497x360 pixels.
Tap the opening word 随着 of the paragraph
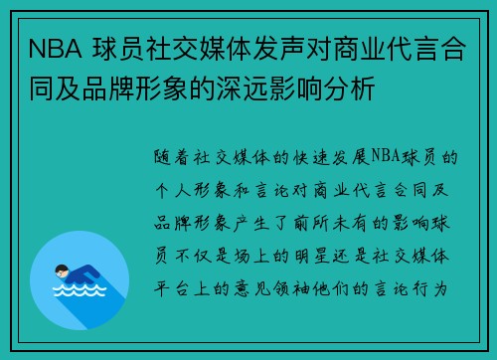click(173, 156)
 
